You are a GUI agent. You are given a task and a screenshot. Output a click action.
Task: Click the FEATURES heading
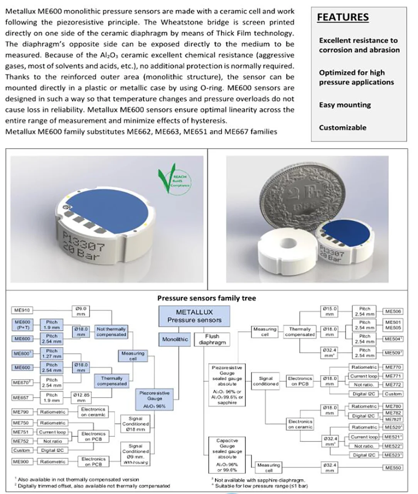click(342, 17)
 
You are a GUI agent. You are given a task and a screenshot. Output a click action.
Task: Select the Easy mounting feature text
click(345, 105)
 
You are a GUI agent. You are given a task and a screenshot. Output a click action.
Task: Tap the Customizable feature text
click(342, 127)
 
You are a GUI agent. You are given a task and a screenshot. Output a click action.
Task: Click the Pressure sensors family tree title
click(206, 298)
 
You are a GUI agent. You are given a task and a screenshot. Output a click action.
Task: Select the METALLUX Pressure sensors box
click(194, 316)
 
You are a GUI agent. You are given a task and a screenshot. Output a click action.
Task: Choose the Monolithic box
click(175, 339)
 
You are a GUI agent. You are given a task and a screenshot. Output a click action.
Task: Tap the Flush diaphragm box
click(212, 339)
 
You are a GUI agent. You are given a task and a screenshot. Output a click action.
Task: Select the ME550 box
click(393, 468)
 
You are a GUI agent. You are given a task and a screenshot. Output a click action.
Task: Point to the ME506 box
click(393, 311)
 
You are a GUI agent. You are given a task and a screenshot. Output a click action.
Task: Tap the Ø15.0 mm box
click(329, 311)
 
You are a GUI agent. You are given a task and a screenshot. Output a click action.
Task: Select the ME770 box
click(393, 367)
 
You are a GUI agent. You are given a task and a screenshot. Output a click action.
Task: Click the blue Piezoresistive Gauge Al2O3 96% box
click(154, 399)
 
